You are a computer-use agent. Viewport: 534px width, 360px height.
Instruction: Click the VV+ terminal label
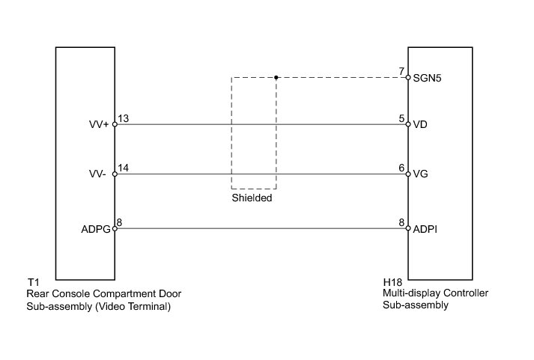(98, 125)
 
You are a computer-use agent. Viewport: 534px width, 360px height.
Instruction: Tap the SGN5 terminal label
(427, 77)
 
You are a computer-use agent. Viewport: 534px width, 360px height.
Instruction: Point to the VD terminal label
(420, 125)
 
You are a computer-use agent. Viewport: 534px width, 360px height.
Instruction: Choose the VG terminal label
(420, 174)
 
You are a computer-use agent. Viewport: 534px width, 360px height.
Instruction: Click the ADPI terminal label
(425, 229)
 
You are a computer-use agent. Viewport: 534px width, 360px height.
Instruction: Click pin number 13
(124, 118)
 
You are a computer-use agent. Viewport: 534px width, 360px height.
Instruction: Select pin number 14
(124, 168)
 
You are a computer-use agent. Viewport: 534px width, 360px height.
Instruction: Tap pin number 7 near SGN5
(402, 71)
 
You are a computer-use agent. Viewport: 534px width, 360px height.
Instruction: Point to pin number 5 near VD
(402, 118)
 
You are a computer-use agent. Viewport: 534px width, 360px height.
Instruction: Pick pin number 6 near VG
(402, 168)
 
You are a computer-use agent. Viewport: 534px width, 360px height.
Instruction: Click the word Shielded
(252, 199)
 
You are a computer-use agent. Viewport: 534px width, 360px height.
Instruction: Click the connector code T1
(32, 282)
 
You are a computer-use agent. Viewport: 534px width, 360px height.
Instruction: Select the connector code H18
(392, 282)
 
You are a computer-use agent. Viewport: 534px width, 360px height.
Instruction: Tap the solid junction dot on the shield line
(276, 77)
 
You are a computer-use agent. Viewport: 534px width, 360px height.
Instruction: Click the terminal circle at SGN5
(408, 77)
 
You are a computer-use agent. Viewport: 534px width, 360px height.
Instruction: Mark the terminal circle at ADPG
(115, 229)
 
